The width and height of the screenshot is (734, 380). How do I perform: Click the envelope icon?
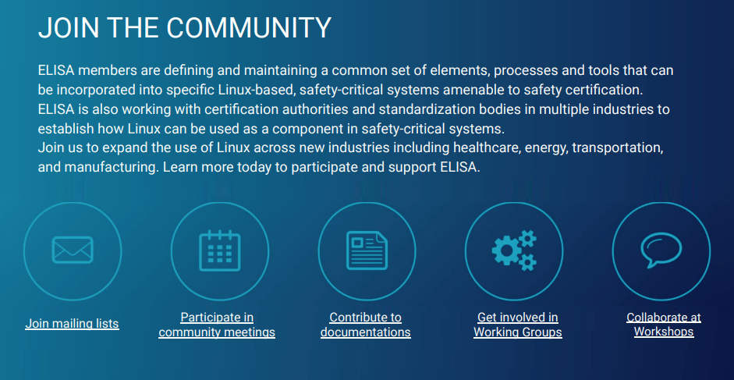pos(73,250)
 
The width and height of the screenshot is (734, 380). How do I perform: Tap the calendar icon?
pos(219,250)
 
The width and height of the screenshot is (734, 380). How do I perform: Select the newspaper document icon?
pos(367,250)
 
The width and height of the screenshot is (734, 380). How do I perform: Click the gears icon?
pos(514,250)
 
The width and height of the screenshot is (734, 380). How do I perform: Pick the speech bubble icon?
pos(661,250)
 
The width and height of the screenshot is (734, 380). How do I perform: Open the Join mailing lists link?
pos(72,324)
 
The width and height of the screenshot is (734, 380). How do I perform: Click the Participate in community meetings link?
pos(217,325)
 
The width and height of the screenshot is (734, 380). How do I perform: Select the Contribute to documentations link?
pos(366,325)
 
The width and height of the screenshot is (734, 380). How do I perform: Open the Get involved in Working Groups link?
pos(518,325)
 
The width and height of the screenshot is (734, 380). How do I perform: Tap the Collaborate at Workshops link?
pos(664,325)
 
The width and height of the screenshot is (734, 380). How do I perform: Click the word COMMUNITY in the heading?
pos(249,27)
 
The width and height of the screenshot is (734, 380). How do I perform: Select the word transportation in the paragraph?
pos(618,148)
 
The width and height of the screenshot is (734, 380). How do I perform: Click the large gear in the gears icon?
pos(506,251)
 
